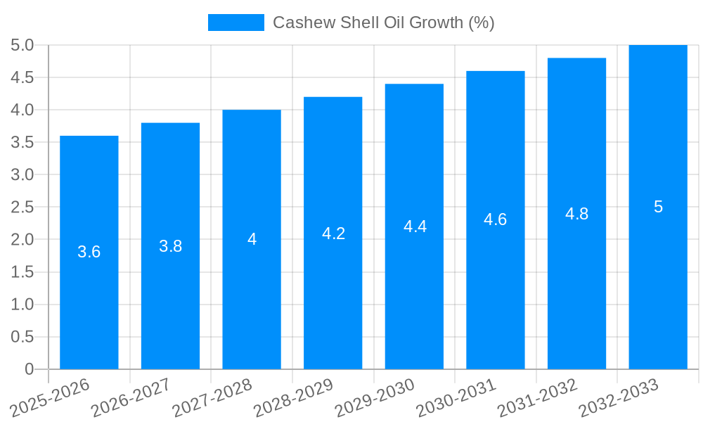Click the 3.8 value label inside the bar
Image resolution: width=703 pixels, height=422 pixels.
click(170, 246)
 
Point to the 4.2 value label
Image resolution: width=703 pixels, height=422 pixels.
click(333, 234)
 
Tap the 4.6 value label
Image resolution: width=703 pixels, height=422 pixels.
click(496, 219)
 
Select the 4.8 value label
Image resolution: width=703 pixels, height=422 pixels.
click(576, 214)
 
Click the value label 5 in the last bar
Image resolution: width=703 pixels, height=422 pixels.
click(658, 207)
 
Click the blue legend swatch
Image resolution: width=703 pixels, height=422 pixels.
click(236, 23)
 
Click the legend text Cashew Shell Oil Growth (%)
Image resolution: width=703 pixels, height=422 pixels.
click(383, 23)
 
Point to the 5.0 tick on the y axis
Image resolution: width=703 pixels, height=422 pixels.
click(22, 46)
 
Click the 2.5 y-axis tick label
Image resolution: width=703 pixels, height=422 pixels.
click(22, 207)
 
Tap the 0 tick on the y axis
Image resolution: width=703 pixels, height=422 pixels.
click(29, 369)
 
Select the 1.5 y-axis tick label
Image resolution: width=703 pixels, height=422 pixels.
click(22, 272)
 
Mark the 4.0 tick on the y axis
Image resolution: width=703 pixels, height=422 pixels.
click(22, 110)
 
